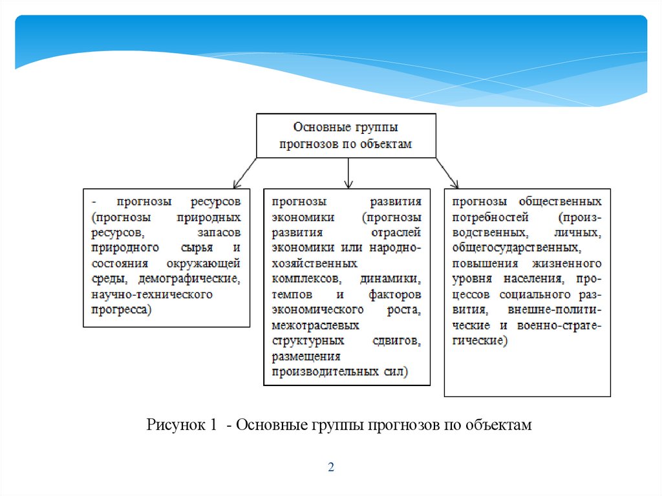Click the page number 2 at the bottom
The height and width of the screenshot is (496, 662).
(x=330, y=468)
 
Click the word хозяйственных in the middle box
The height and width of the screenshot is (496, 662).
(x=315, y=264)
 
